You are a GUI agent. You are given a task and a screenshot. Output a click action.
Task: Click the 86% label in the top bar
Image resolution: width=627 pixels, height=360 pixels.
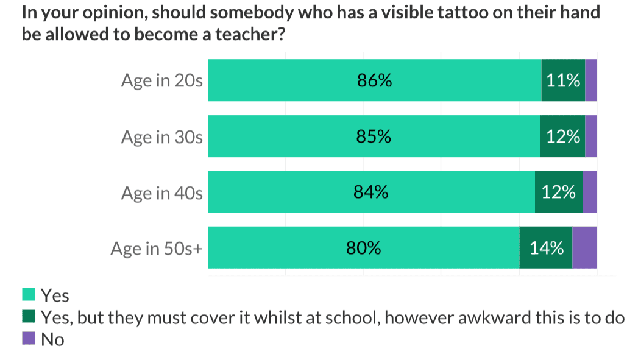374,80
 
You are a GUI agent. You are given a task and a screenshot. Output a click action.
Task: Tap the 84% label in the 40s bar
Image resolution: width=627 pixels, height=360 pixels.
370,192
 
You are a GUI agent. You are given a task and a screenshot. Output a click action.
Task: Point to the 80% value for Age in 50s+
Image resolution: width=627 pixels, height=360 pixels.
364,249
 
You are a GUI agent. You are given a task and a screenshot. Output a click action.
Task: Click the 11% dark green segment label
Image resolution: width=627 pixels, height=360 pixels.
563,80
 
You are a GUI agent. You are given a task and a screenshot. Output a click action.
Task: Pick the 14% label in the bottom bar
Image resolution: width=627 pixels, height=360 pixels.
547,249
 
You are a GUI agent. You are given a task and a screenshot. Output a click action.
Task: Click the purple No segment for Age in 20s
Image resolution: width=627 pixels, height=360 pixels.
590,80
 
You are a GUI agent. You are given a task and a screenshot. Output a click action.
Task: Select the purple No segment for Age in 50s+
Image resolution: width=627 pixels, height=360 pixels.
584,248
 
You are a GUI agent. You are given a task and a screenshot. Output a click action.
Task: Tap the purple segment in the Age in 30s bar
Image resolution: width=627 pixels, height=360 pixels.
590,136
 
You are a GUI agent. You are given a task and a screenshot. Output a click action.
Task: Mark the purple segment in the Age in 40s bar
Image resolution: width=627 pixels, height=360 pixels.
589,192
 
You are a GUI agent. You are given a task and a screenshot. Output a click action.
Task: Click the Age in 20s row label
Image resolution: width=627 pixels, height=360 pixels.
161,81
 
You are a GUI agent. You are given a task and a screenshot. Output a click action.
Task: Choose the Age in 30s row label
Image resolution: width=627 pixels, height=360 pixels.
161,137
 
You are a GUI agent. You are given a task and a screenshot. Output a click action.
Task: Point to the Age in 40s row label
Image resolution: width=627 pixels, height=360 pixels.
161,193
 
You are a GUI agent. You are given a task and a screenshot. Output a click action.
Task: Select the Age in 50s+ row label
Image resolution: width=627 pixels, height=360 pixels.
156,249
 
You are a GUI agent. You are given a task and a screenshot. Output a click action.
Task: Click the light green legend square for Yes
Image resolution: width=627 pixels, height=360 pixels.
28,295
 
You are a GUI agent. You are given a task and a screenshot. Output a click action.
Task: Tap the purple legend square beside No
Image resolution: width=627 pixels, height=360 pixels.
28,339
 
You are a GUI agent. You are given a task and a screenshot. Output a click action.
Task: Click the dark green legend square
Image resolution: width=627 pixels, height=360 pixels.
28,317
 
